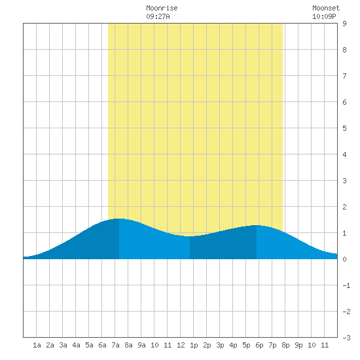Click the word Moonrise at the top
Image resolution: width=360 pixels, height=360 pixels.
162,8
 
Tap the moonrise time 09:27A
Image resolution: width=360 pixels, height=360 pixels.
158,16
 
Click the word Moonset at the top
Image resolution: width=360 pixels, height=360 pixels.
326,8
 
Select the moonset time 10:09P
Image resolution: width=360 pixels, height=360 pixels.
324,16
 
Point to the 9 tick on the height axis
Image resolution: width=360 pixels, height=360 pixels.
344,24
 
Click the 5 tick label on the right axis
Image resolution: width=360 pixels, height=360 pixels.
344,128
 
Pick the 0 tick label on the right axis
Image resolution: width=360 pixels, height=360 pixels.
344,259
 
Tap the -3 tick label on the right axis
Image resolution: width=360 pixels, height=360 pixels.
346,338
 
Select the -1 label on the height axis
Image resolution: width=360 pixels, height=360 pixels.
346,285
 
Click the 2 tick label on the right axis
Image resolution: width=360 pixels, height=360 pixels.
344,207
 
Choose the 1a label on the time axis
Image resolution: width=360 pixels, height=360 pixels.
37,345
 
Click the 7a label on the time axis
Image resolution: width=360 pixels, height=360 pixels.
115,345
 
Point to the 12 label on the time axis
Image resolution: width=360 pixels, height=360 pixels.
181,345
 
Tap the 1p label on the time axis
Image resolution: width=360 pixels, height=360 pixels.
194,345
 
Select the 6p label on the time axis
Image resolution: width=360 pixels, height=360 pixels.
259,345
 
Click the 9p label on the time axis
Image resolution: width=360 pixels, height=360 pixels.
298,345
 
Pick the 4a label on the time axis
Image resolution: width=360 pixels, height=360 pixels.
76,345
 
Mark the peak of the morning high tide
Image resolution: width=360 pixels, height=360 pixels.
119,219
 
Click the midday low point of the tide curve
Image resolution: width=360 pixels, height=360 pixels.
190,236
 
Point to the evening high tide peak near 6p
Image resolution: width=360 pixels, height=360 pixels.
257,225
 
